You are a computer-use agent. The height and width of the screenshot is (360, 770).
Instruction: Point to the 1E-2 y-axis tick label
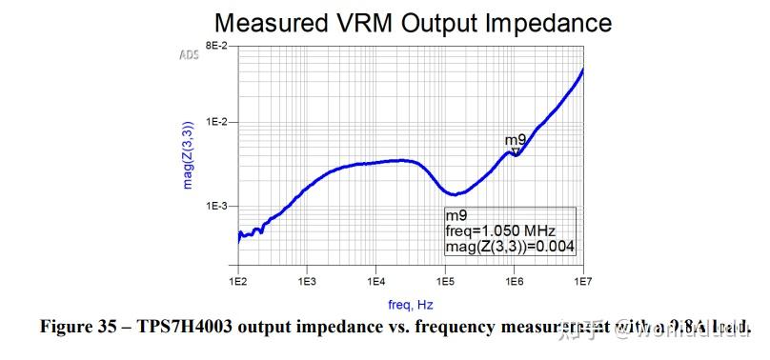click(x=214, y=123)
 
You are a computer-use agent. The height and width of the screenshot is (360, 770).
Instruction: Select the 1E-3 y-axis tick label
click(x=214, y=207)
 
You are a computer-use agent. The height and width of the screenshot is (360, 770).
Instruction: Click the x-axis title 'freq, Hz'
click(x=411, y=305)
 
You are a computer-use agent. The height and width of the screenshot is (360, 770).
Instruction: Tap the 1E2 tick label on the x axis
click(x=238, y=283)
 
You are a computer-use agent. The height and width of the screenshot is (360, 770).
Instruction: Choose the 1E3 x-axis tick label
click(x=307, y=283)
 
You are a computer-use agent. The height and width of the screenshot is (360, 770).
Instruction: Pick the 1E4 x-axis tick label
click(x=375, y=283)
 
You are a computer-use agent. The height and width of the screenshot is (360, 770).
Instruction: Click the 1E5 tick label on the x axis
click(x=444, y=283)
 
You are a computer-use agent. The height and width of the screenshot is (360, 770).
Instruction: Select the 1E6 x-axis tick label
click(x=514, y=283)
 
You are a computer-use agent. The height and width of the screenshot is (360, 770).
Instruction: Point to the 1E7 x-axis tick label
click(x=582, y=283)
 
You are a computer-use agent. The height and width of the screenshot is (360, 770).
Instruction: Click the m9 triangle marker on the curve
click(x=516, y=151)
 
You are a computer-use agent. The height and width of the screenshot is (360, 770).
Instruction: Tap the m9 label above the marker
click(x=515, y=141)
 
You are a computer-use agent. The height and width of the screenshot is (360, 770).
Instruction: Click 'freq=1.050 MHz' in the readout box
click(x=500, y=231)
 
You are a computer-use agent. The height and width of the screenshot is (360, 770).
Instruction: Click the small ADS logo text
click(x=189, y=55)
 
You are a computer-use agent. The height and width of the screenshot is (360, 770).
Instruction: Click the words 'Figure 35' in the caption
click(x=79, y=328)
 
